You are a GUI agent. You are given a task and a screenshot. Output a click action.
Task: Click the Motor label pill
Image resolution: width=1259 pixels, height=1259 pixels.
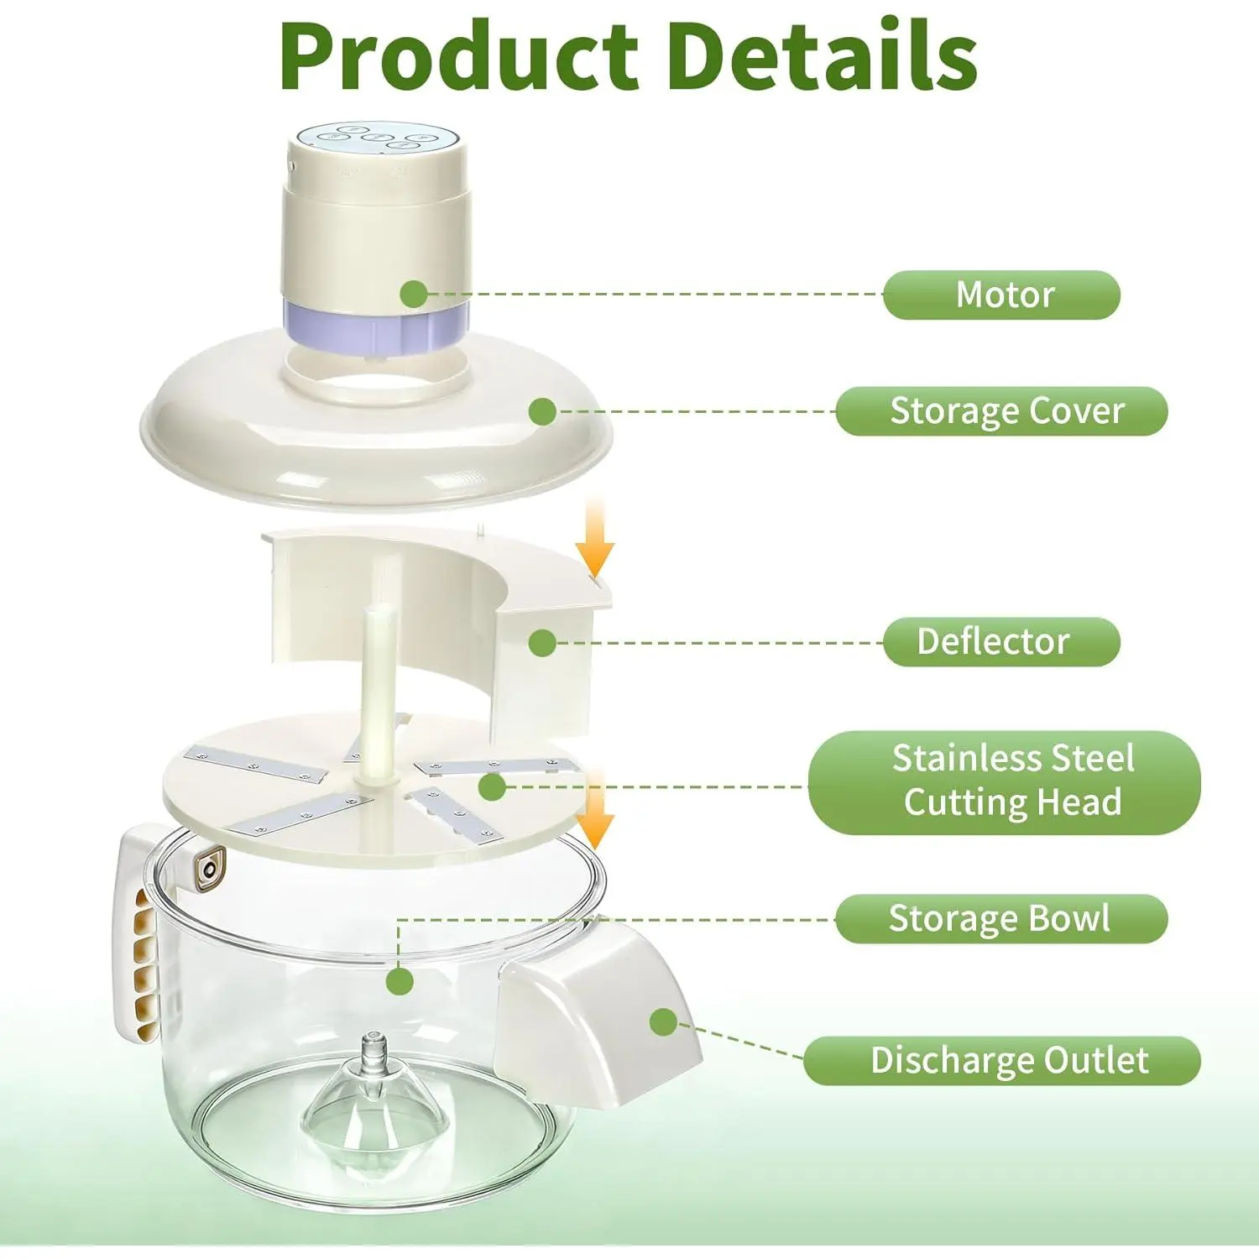click(1001, 295)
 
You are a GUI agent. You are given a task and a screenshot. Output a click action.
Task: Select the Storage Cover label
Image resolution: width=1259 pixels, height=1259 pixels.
click(1001, 411)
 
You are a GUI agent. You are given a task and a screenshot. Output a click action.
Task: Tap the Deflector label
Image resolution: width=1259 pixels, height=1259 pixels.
click(1001, 642)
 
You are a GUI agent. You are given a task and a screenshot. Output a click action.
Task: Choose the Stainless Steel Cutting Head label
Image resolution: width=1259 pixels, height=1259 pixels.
click(1005, 781)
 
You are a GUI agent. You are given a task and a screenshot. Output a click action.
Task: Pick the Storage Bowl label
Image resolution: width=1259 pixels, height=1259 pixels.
click(1001, 919)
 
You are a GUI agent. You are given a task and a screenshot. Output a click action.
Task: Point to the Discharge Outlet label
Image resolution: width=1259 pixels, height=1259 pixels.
click(1002, 1061)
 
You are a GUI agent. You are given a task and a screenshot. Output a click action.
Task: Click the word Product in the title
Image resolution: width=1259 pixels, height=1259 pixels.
click(457, 56)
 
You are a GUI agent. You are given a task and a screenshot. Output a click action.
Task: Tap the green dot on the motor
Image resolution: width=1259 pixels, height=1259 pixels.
click(413, 294)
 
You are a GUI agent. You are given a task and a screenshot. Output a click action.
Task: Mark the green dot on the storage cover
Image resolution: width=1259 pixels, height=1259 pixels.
click(543, 411)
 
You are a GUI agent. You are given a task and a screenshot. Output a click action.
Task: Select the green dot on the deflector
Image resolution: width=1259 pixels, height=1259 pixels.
click(543, 643)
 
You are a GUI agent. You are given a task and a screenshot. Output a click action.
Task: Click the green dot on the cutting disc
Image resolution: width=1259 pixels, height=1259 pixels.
click(492, 786)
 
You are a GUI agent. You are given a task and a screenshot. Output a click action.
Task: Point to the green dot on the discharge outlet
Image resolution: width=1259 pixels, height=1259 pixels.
click(663, 1021)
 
